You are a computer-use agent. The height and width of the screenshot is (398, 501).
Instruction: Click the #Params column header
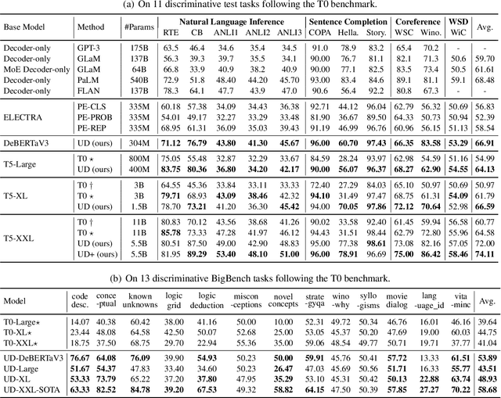137,27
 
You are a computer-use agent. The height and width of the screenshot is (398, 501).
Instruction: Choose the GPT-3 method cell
88,48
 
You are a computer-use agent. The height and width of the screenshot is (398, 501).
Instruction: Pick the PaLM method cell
88,79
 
